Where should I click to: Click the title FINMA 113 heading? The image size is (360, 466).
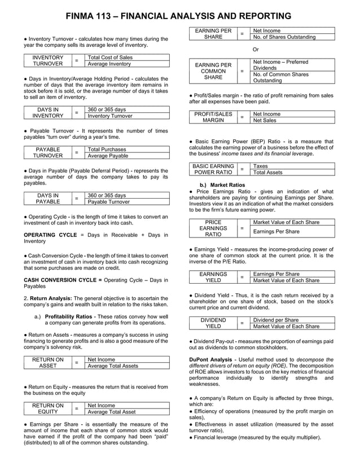(179, 16)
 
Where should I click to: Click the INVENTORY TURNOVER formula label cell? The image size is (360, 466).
(47, 61)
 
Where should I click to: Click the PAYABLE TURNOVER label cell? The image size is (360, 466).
(47, 152)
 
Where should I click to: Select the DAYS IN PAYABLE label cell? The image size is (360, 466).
(47, 199)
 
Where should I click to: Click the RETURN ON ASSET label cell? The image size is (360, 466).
(47, 362)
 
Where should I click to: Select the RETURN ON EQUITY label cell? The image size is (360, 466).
(47, 408)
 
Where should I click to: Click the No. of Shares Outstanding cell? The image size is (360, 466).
(284, 37)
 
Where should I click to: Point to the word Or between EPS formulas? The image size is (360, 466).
(256, 49)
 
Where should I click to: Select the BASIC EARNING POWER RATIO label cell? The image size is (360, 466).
(213, 169)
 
